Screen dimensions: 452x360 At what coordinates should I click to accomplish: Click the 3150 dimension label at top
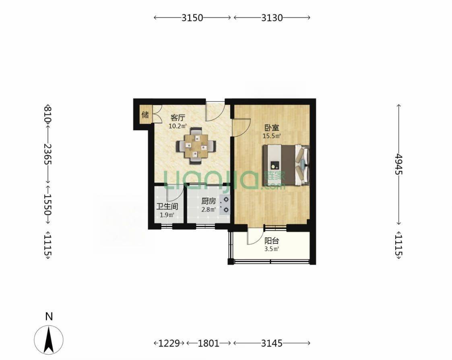[192, 18]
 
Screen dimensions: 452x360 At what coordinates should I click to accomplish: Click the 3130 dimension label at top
[272, 18]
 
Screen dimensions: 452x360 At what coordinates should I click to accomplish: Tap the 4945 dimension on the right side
[398, 164]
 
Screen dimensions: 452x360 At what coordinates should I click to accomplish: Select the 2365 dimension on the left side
[47, 154]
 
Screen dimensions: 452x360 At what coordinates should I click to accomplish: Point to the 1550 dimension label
[47, 204]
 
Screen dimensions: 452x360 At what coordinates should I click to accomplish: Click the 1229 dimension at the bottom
[169, 343]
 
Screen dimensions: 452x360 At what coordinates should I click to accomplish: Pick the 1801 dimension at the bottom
[208, 343]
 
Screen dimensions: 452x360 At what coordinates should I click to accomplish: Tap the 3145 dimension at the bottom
[272, 343]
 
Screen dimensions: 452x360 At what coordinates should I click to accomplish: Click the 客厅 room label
[177, 118]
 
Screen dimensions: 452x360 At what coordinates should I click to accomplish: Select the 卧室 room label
[272, 128]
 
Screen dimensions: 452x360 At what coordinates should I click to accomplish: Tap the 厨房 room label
[208, 201]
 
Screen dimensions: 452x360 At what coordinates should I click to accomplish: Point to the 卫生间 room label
[167, 207]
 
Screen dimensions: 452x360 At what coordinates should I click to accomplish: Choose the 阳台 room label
[272, 240]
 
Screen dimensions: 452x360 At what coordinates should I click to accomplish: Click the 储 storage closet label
[145, 114]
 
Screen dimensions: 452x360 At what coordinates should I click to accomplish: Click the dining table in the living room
[196, 146]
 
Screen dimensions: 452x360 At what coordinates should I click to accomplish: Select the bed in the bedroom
[286, 165]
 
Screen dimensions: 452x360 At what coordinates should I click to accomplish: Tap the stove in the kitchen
[225, 205]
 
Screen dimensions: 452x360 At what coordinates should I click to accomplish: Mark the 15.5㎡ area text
[272, 136]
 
